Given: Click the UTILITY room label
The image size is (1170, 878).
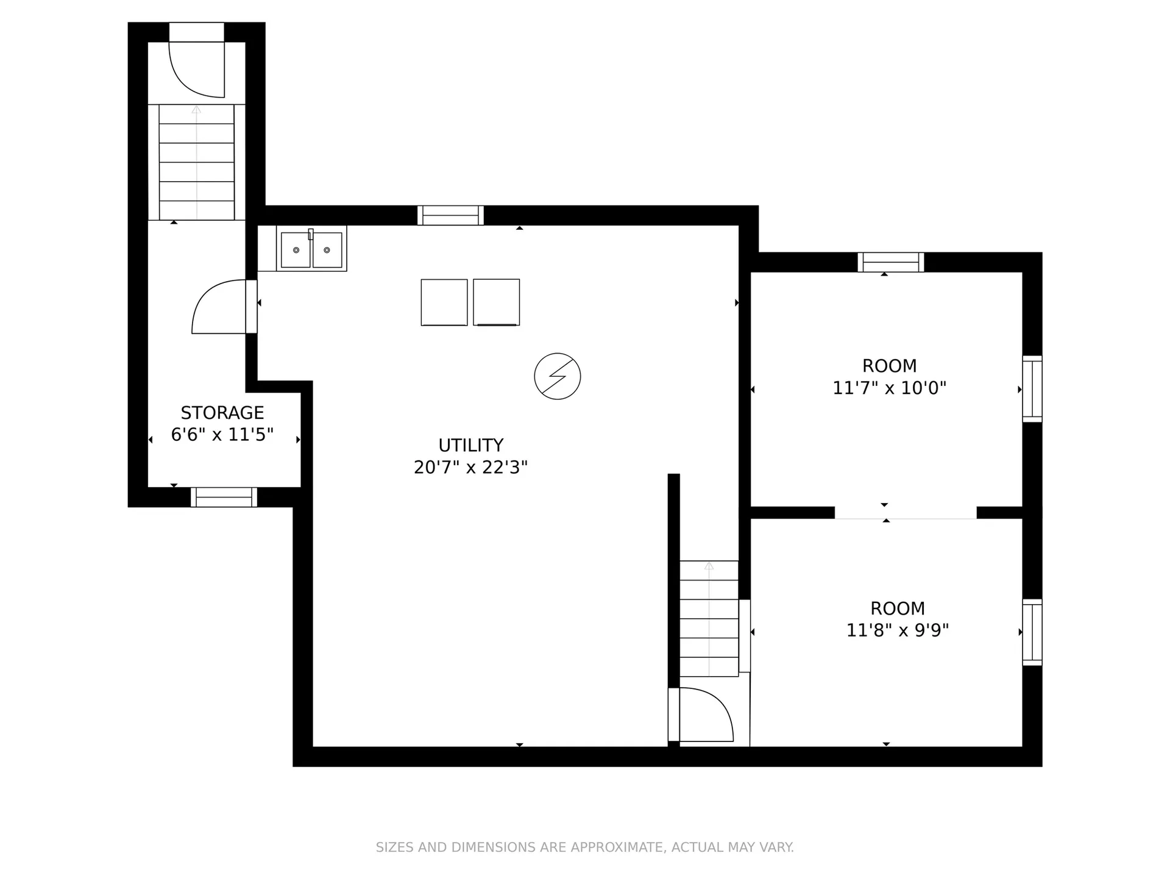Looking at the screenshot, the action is (470, 445).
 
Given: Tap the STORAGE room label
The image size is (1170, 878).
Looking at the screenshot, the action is (222, 413).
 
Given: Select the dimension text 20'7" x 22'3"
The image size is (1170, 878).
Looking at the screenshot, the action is (470, 467).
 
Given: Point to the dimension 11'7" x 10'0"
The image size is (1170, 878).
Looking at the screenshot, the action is (889, 388).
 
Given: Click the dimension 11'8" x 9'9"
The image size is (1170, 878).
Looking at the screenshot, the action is (898, 630).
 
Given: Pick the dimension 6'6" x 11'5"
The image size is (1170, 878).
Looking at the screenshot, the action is (222, 435).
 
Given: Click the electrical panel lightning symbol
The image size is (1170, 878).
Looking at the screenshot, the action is (557, 376).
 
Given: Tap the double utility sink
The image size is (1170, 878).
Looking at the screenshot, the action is (311, 249).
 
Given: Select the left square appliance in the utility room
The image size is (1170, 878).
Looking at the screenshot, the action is (444, 302).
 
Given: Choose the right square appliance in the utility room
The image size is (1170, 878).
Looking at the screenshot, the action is (497, 302).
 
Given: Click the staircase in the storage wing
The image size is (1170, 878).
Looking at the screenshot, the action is (196, 162).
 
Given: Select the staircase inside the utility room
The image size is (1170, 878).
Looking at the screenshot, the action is (709, 618).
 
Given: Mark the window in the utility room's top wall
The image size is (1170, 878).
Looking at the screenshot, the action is (451, 215).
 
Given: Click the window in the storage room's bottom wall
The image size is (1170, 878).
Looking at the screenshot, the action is (224, 497).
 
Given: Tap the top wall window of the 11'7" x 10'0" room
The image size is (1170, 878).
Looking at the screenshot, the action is (891, 262).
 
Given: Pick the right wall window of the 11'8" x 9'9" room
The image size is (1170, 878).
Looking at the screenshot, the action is (1032, 632).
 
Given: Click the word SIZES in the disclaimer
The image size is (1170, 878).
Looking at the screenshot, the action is (394, 848).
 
